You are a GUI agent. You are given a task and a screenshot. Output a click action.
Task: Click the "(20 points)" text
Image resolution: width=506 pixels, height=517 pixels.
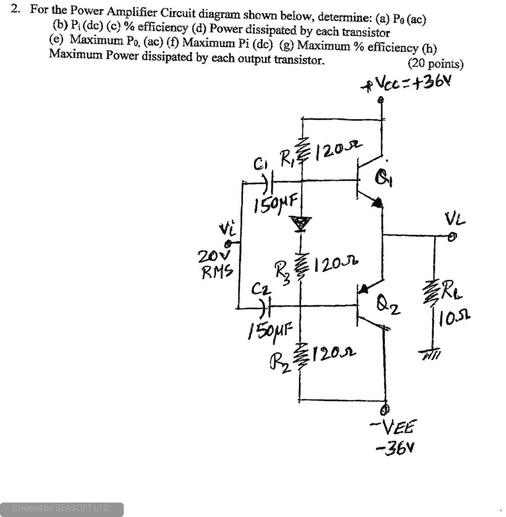[x=435, y=64]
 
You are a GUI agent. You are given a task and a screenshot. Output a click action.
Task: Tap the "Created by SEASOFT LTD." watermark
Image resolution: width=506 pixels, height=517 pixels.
[x=61, y=508]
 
